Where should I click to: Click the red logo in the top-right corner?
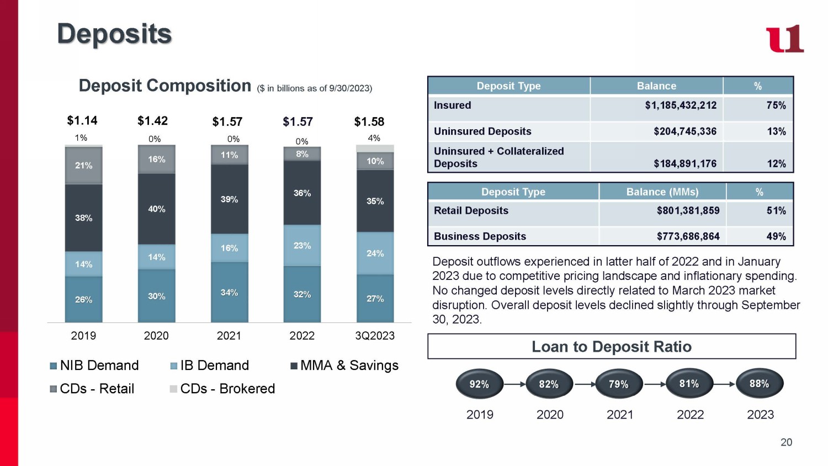(x=784, y=39)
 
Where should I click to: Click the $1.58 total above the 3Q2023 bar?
(x=369, y=121)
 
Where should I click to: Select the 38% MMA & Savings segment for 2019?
(x=84, y=218)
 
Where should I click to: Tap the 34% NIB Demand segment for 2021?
(x=229, y=292)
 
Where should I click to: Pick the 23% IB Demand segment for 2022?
(x=302, y=245)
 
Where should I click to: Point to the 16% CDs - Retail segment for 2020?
(x=156, y=159)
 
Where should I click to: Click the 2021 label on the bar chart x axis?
(x=229, y=336)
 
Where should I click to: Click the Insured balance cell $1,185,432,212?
(x=680, y=105)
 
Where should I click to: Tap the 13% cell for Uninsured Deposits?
(x=776, y=131)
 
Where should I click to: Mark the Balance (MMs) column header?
(x=662, y=192)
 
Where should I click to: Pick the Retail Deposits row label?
(x=471, y=210)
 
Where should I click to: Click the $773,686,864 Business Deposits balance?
(x=688, y=236)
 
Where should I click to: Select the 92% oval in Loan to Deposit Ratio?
(x=479, y=384)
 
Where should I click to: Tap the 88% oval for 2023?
(x=759, y=383)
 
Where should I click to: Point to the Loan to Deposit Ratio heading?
(x=611, y=347)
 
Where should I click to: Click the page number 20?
(x=786, y=442)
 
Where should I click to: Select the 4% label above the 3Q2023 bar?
(x=374, y=138)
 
